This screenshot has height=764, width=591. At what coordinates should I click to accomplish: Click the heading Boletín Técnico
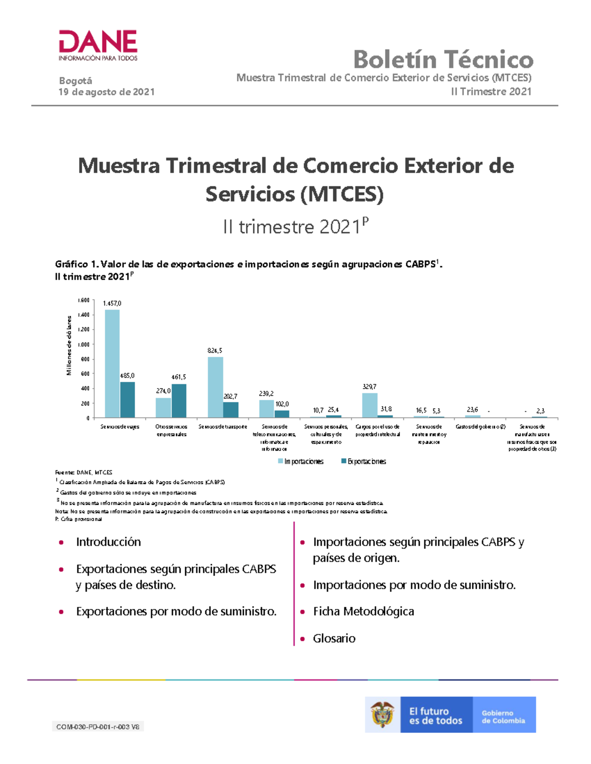pyautogui.click(x=443, y=60)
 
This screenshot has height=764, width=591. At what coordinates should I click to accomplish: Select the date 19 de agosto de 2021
pyautogui.click(x=106, y=92)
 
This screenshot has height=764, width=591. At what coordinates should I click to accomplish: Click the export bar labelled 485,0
pyautogui.click(x=128, y=399)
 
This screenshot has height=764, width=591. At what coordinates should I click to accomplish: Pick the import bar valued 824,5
pyautogui.click(x=215, y=387)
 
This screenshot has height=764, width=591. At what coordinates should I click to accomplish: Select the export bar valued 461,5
pyautogui.click(x=179, y=400)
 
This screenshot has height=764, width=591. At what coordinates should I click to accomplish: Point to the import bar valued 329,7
pyautogui.click(x=370, y=405)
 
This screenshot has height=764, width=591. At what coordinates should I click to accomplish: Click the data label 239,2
pyautogui.click(x=266, y=394)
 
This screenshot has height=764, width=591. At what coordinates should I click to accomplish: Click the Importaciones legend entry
pyautogui.click(x=301, y=461)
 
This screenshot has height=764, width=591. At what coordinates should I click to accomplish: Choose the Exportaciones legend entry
pyautogui.click(x=364, y=461)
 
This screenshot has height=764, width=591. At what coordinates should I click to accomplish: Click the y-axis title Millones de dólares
pyautogui.click(x=69, y=345)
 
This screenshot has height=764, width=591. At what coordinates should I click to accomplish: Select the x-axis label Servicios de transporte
pyautogui.click(x=223, y=427)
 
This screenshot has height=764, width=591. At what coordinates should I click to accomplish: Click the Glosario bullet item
pyautogui.click(x=334, y=638)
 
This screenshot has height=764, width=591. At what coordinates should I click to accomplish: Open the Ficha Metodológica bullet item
pyautogui.click(x=363, y=611)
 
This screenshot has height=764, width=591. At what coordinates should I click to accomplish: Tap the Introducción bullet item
pyautogui.click(x=108, y=542)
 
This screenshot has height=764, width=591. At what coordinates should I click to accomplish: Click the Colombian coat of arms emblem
pyautogui.click(x=383, y=714)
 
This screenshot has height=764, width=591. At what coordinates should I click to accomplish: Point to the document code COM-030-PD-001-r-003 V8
pyautogui.click(x=98, y=727)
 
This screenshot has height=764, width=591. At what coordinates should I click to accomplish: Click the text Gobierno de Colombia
pyautogui.click(x=503, y=717)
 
